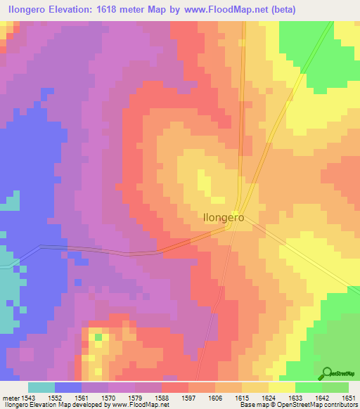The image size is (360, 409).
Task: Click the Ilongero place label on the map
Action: (x=224, y=218)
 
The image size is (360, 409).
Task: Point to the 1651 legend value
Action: (x=348, y=398)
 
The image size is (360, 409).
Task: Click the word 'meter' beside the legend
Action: (x=11, y=398)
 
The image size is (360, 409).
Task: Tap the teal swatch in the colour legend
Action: (x=41, y=387)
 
